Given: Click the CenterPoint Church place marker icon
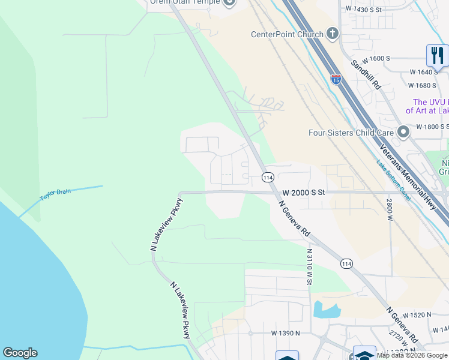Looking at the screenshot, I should (x=333, y=34).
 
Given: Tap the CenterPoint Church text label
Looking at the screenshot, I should (x=287, y=34).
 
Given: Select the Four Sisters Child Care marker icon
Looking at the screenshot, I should (x=403, y=131).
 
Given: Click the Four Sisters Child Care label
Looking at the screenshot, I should (x=351, y=133).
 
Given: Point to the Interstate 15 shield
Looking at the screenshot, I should (x=336, y=79).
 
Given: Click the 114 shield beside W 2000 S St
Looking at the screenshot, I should (x=268, y=178).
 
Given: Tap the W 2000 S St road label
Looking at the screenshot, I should (x=304, y=192).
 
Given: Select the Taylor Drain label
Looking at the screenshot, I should (x=55, y=194).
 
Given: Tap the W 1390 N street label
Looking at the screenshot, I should (x=286, y=332).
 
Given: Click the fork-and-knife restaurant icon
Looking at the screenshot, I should (x=437, y=55).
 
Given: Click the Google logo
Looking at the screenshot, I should (x=20, y=353).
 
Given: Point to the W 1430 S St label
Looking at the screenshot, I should (x=364, y=10).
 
